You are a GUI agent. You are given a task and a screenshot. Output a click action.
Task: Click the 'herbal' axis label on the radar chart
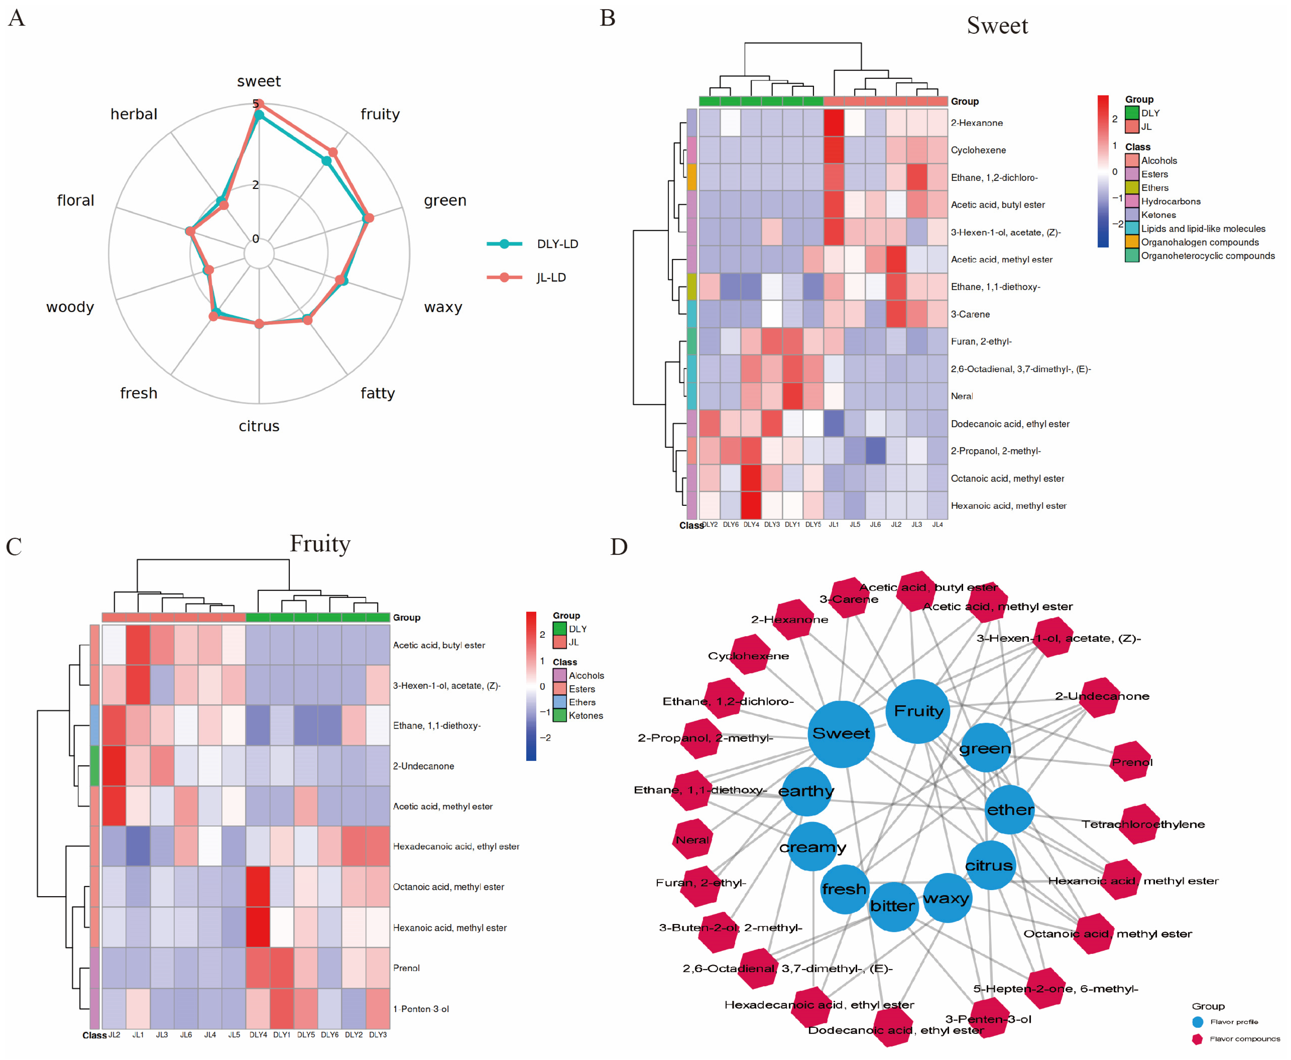tap(134, 114)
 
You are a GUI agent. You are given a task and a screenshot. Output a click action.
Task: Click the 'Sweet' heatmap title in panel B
tap(997, 26)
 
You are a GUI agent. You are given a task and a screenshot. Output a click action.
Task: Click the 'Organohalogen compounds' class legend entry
tap(1199, 242)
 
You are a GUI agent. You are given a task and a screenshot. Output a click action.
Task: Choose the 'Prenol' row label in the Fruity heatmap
tap(406, 968)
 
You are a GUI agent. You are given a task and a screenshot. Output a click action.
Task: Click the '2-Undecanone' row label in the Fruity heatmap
tap(423, 766)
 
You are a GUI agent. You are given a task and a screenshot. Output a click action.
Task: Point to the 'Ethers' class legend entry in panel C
tap(581, 702)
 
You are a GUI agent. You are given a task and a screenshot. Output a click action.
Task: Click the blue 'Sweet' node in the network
tap(841, 733)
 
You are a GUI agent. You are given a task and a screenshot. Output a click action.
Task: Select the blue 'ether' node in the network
tap(1010, 810)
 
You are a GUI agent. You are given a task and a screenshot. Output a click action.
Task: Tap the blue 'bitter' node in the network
tap(893, 906)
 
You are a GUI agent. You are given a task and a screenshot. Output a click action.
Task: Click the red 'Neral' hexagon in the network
tap(692, 840)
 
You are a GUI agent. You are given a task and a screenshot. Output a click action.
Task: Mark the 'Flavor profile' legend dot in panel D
tap(1197, 1021)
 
